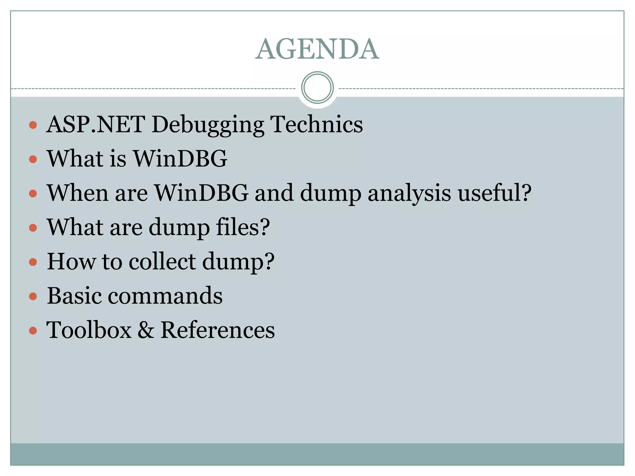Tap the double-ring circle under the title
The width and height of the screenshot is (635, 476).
[x=317, y=87]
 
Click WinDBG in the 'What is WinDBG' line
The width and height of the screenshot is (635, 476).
[x=180, y=158]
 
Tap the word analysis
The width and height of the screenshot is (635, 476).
[x=409, y=193]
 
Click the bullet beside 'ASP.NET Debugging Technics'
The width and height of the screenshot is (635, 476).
[x=33, y=125]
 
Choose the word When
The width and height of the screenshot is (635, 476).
[x=78, y=193]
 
